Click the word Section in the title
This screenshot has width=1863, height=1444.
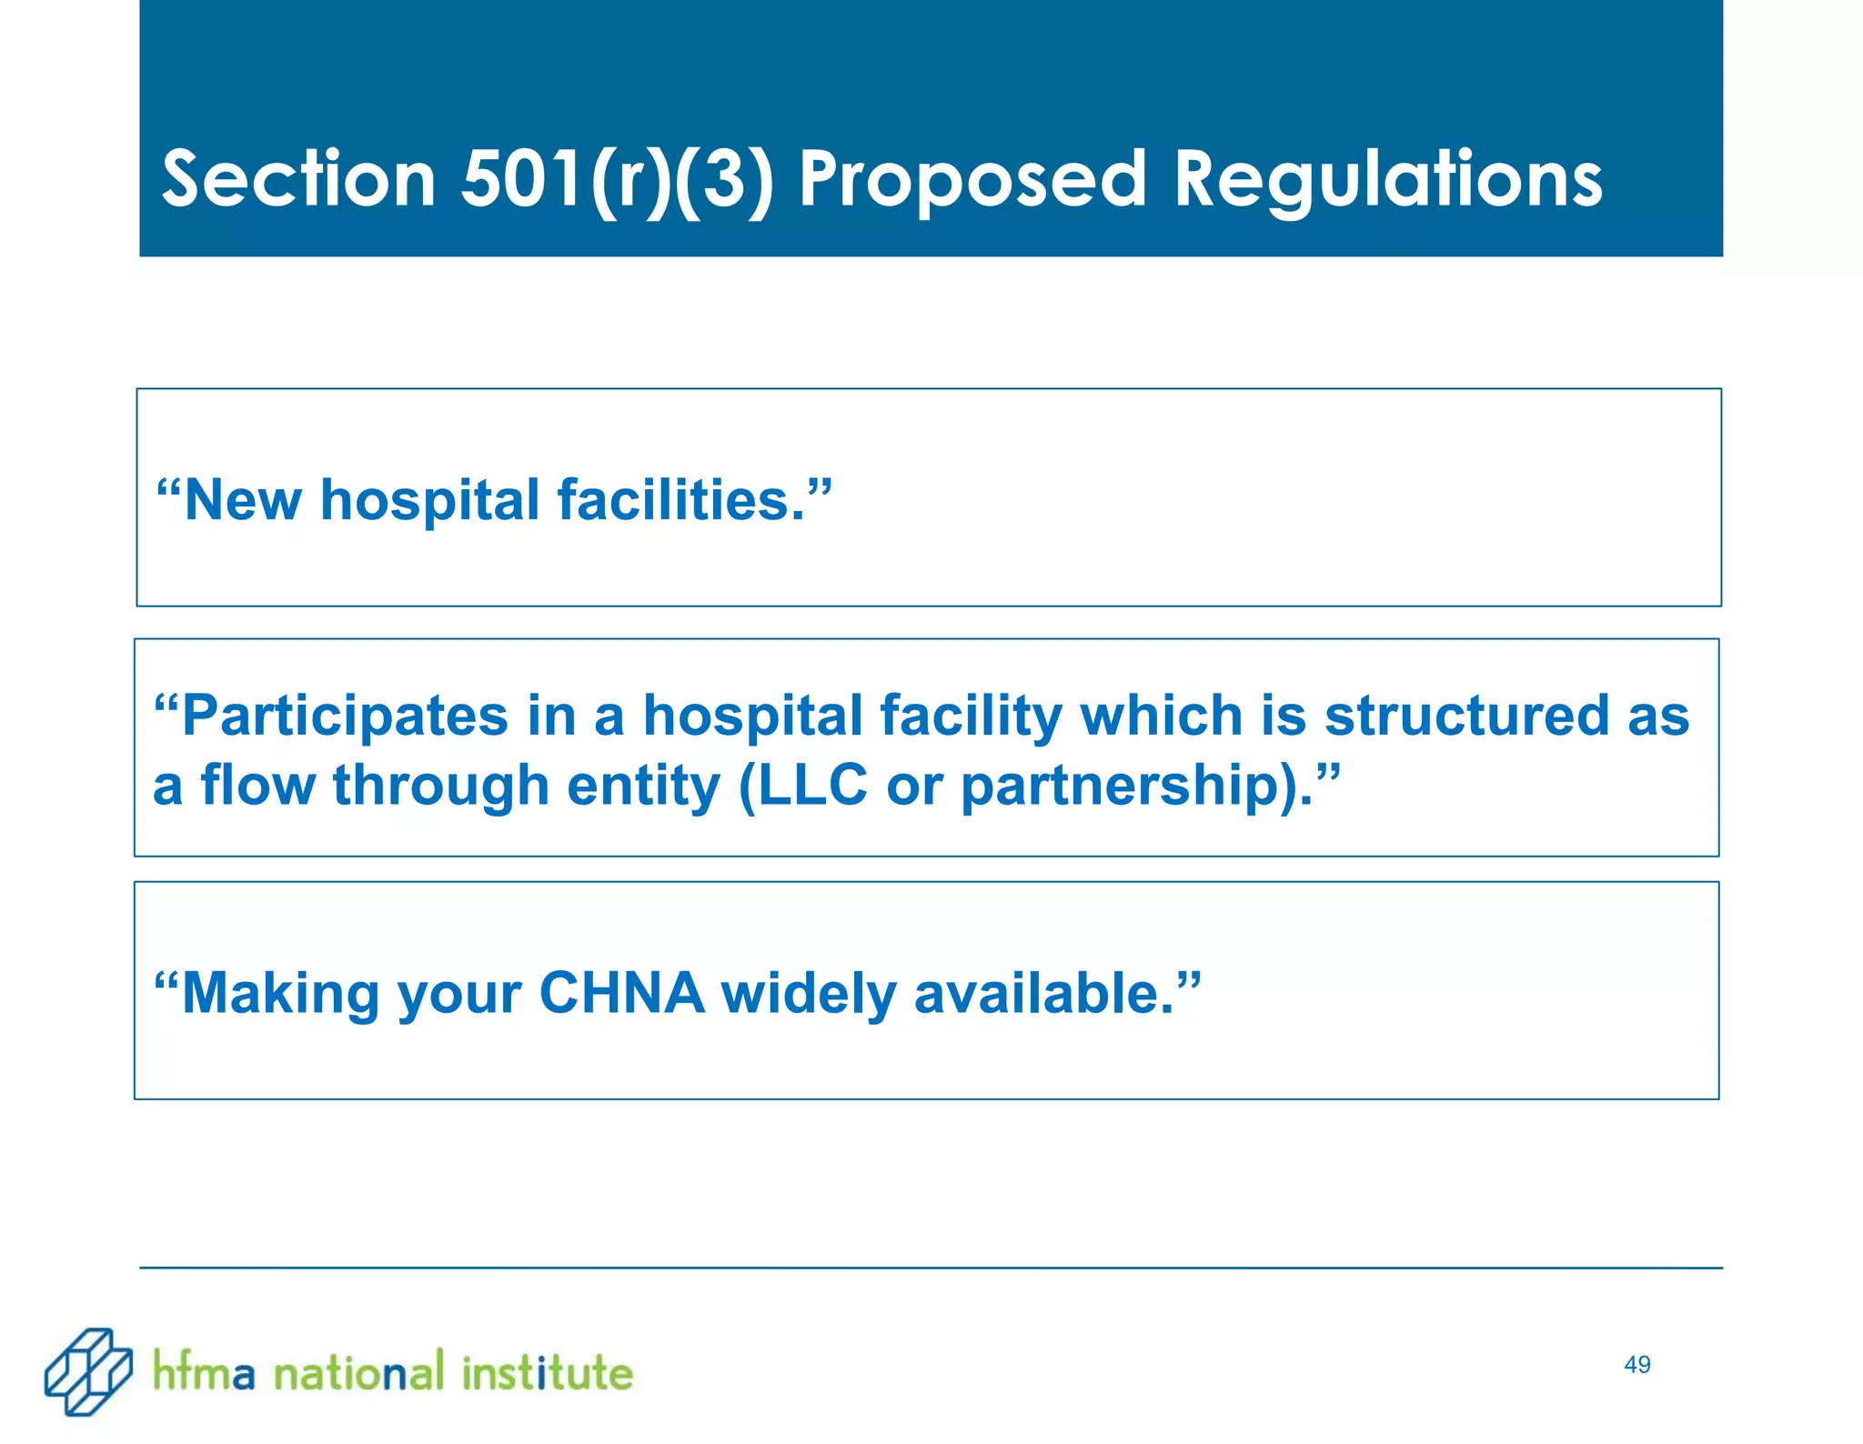[x=298, y=179]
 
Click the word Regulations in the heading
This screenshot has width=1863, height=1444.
[x=1388, y=179]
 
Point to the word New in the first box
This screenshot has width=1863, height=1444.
[x=242, y=500]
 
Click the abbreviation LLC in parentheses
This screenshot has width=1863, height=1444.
[x=811, y=785]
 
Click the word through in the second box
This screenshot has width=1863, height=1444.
[x=441, y=785]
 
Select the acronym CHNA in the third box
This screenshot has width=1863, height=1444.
[x=621, y=992]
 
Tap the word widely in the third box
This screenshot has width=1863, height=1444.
[x=809, y=992]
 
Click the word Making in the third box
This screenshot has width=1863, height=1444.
[x=280, y=992]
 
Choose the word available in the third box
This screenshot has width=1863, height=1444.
[x=1043, y=992]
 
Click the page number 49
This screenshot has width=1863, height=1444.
[x=1636, y=1365]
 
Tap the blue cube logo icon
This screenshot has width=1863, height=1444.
[x=88, y=1371]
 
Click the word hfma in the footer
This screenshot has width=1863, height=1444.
[x=204, y=1371]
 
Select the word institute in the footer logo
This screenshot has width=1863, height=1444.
[x=547, y=1371]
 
